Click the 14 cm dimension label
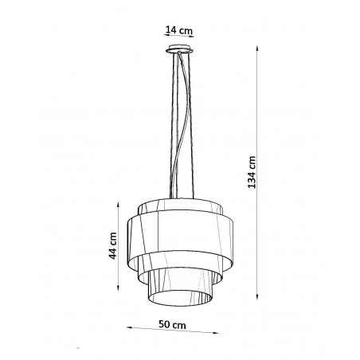[178, 31]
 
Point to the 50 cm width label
[172, 324]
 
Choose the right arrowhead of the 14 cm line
[194, 37]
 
